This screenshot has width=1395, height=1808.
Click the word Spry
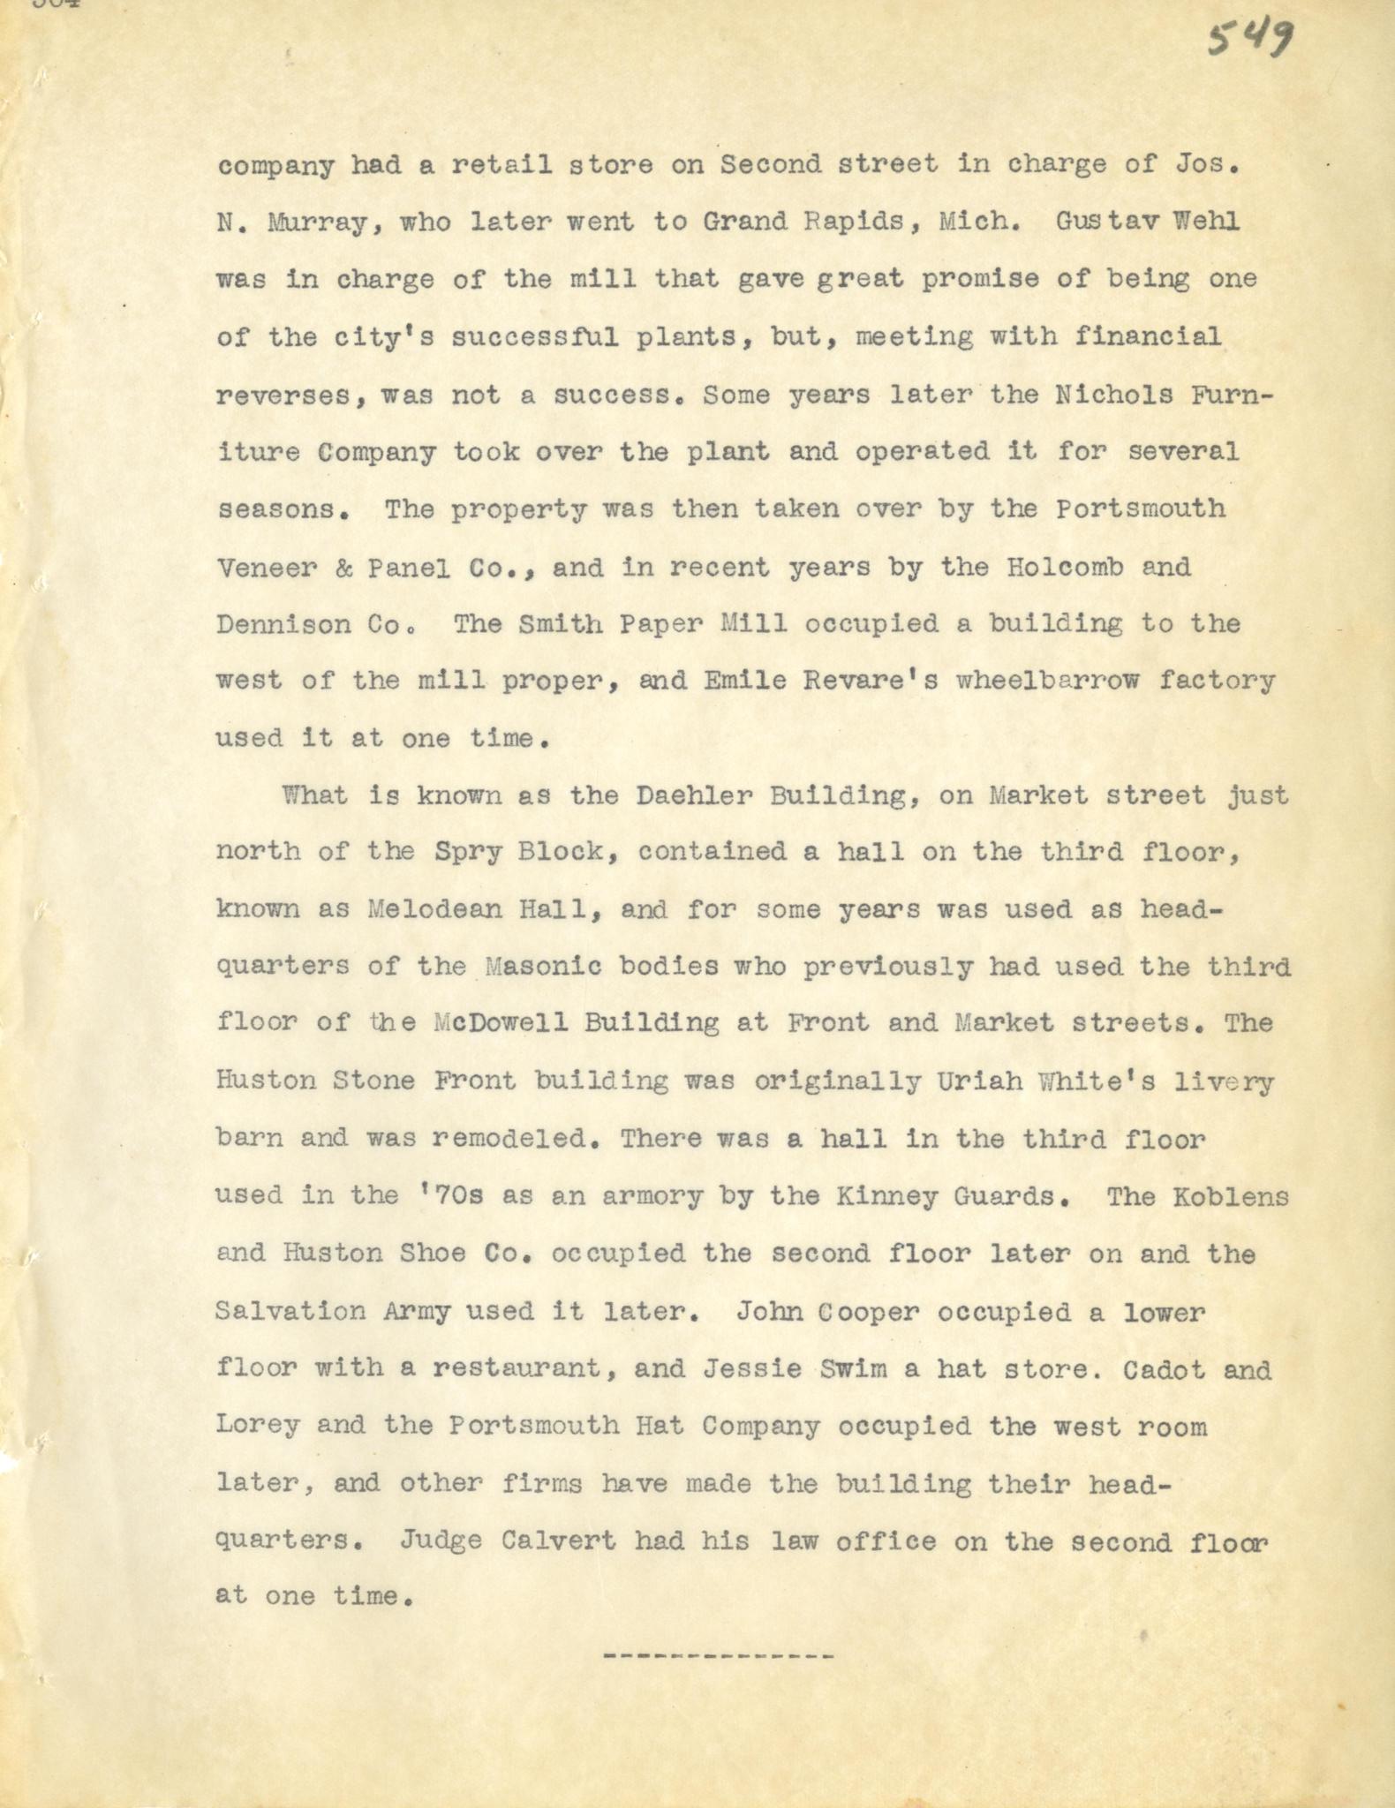pyautogui.click(x=467, y=852)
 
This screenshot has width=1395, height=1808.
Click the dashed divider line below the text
pyautogui.click(x=718, y=1655)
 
